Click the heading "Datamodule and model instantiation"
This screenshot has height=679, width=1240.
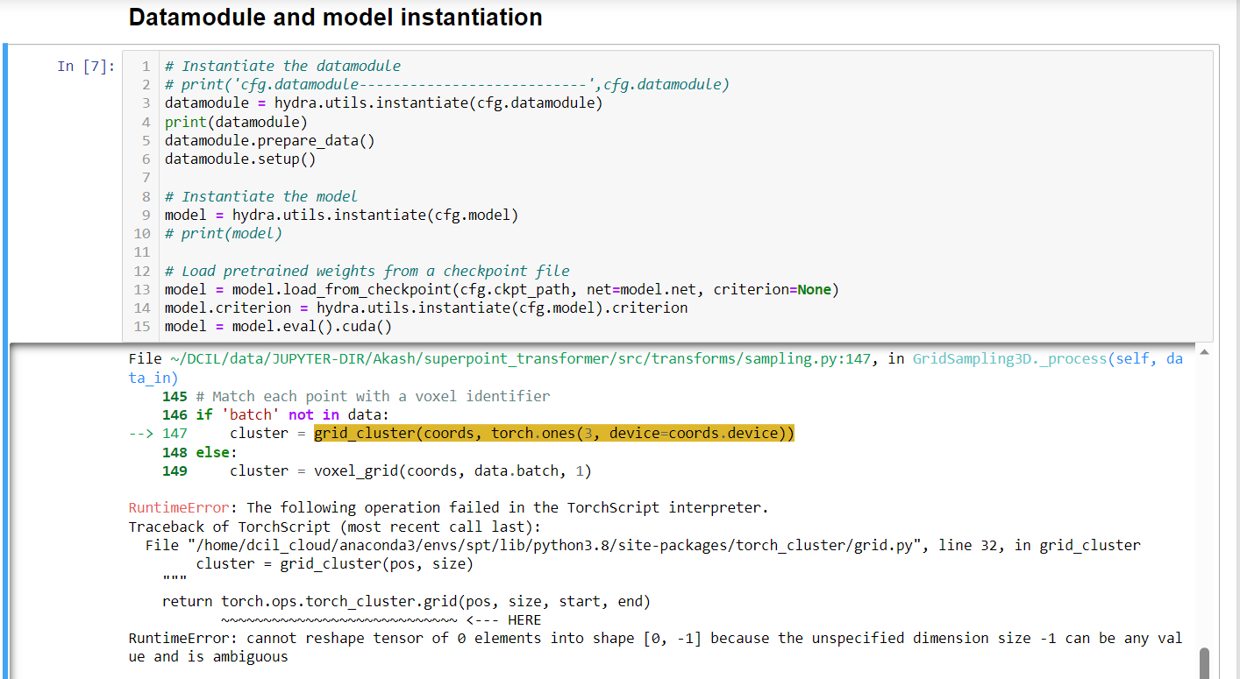tap(335, 17)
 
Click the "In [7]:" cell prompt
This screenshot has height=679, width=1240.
tap(85, 67)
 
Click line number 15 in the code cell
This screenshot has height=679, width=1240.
tap(142, 327)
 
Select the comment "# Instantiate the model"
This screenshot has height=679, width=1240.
tap(261, 196)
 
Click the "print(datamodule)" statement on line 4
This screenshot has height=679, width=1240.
tap(236, 122)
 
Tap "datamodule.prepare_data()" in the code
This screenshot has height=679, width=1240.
tap(269, 140)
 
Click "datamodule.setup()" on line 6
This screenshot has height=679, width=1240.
tap(240, 159)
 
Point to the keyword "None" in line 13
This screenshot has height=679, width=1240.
tap(814, 290)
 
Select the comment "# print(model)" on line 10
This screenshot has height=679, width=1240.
tap(224, 234)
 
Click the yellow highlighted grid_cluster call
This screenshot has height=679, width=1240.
tap(554, 434)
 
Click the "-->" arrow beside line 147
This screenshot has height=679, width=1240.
tap(141, 434)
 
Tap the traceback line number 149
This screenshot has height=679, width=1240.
tap(175, 471)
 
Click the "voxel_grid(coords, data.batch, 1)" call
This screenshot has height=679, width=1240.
tap(453, 471)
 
